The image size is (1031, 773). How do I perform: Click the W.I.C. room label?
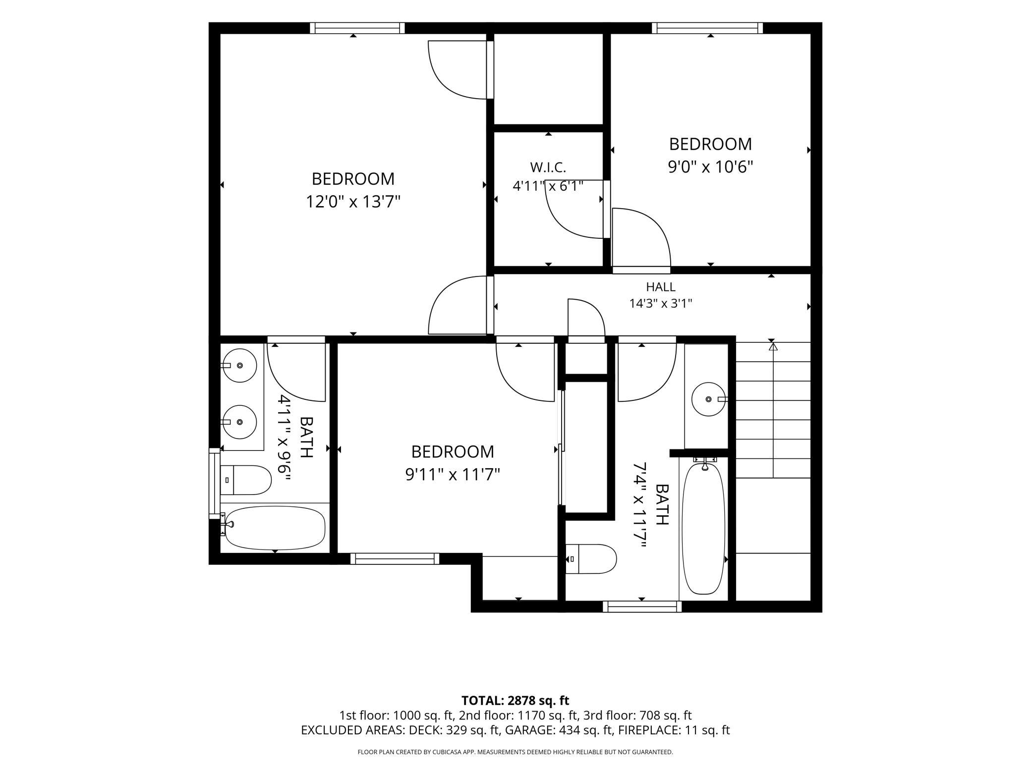(x=548, y=167)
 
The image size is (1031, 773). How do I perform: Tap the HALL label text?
(x=661, y=287)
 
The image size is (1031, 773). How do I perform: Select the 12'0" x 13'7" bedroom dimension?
(x=353, y=202)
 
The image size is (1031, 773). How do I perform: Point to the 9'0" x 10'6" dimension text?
(x=710, y=167)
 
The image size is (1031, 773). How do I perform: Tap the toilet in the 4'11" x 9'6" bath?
(x=245, y=480)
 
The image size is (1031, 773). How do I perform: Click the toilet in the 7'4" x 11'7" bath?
(x=591, y=559)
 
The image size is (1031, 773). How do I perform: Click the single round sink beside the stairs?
(x=709, y=399)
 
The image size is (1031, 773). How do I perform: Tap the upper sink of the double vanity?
(x=239, y=365)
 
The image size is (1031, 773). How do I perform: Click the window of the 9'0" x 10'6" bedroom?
(x=707, y=28)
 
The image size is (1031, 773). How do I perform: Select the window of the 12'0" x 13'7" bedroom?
(x=357, y=28)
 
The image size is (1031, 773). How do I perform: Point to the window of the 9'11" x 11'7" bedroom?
(x=395, y=558)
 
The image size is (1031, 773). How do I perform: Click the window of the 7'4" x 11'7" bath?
(x=642, y=607)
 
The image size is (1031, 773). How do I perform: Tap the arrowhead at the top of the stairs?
(x=773, y=346)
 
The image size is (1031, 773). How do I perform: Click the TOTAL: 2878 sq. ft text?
(x=515, y=701)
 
